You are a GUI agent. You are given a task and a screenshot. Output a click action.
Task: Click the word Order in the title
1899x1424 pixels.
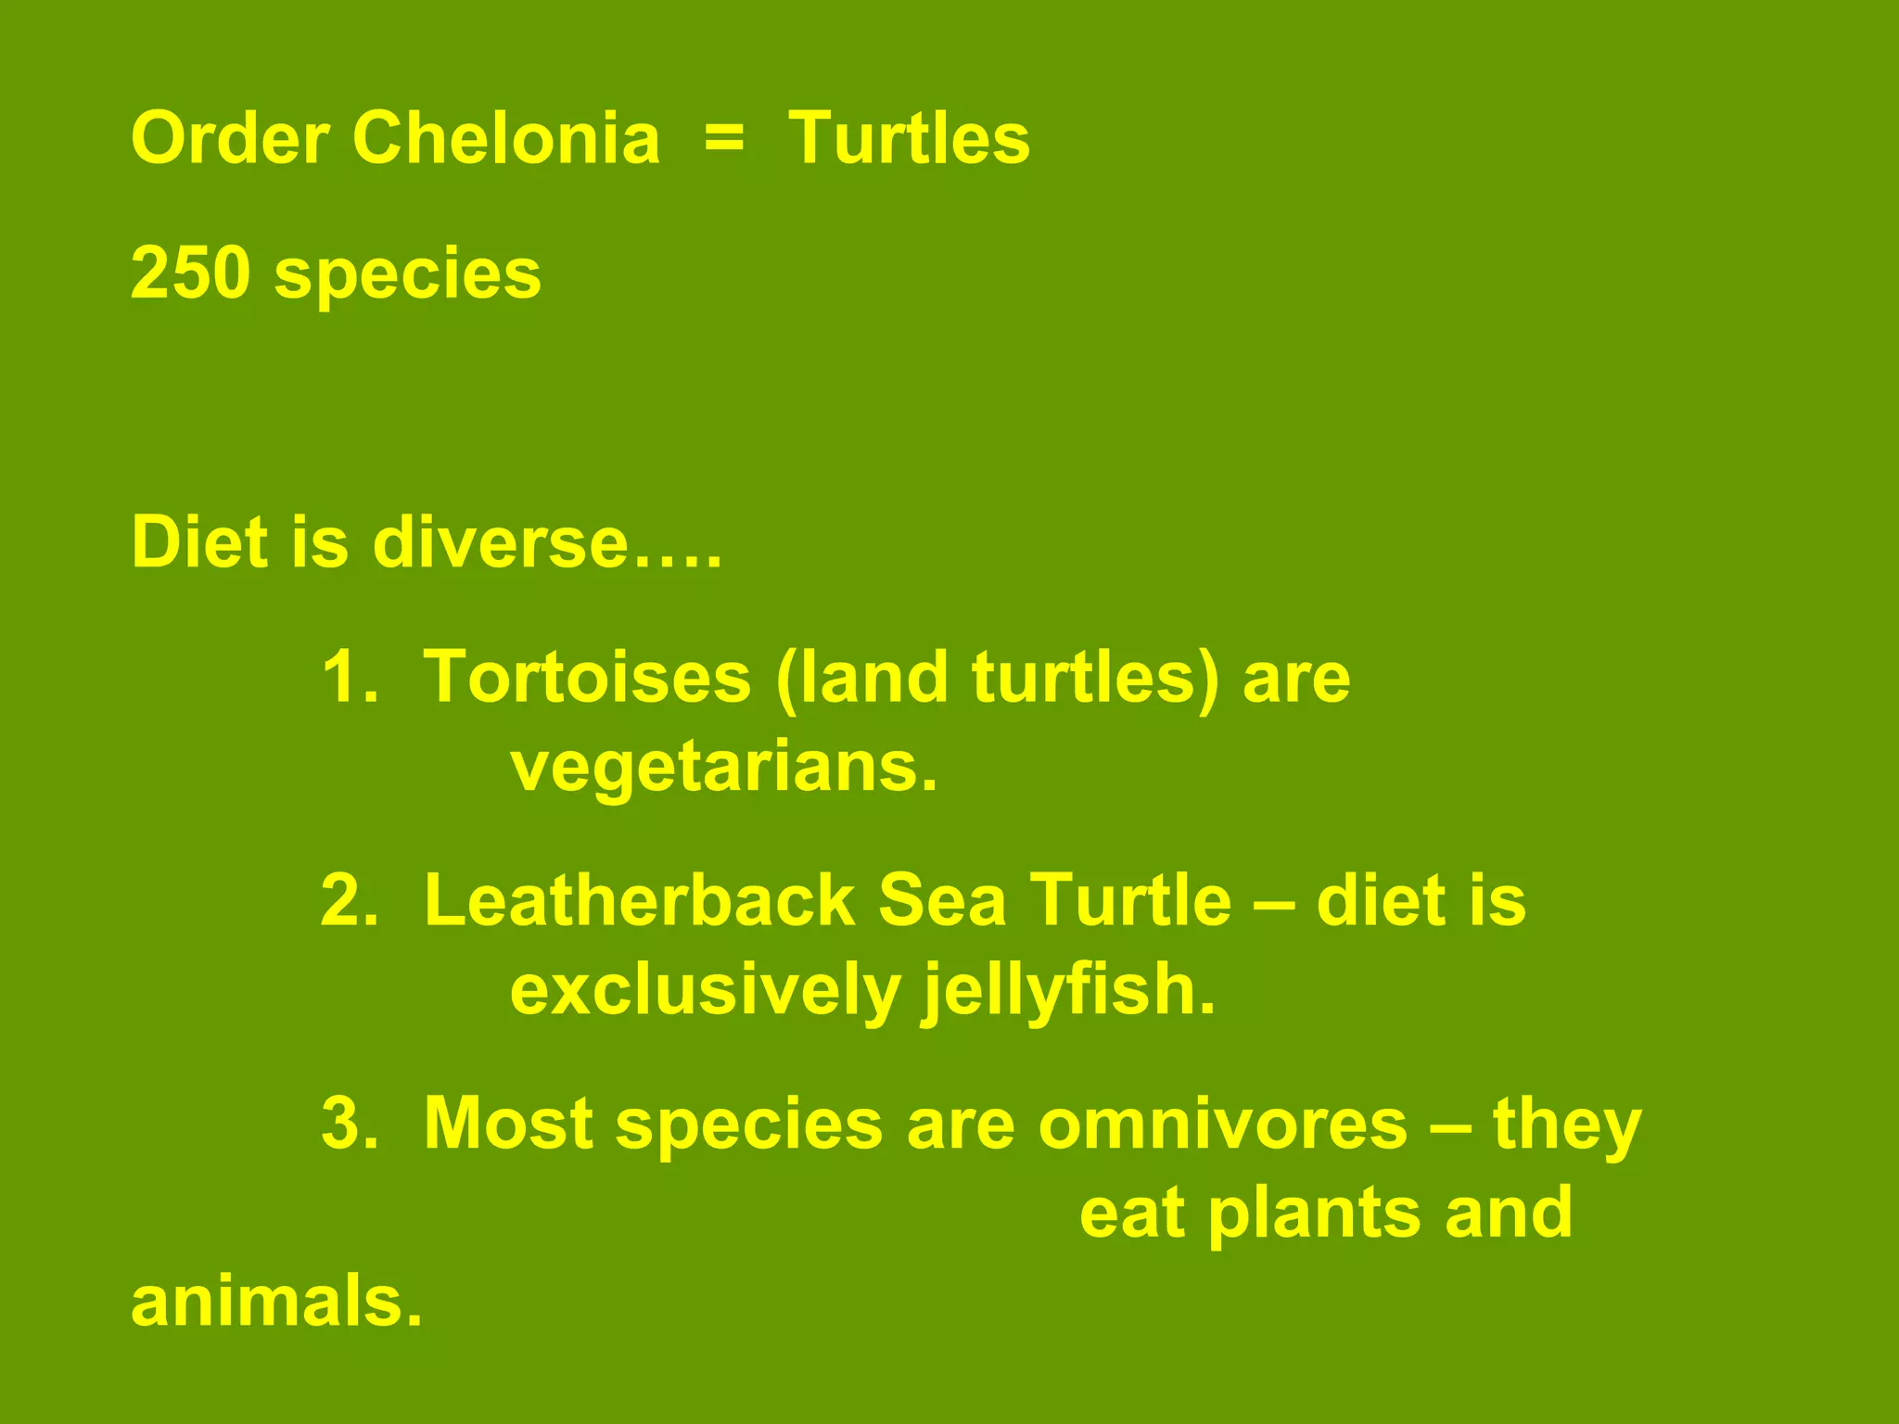229,139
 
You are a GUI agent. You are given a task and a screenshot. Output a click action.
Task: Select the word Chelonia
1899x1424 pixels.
505,139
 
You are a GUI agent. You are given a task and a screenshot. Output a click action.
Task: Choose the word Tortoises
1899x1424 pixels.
587,678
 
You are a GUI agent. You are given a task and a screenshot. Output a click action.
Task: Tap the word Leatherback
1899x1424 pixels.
639,900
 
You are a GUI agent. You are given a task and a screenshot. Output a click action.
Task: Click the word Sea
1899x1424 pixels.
941,900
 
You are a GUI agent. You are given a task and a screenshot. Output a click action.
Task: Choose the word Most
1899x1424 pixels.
508,1124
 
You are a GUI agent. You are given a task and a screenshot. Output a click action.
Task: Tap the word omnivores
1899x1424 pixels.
1223,1124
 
